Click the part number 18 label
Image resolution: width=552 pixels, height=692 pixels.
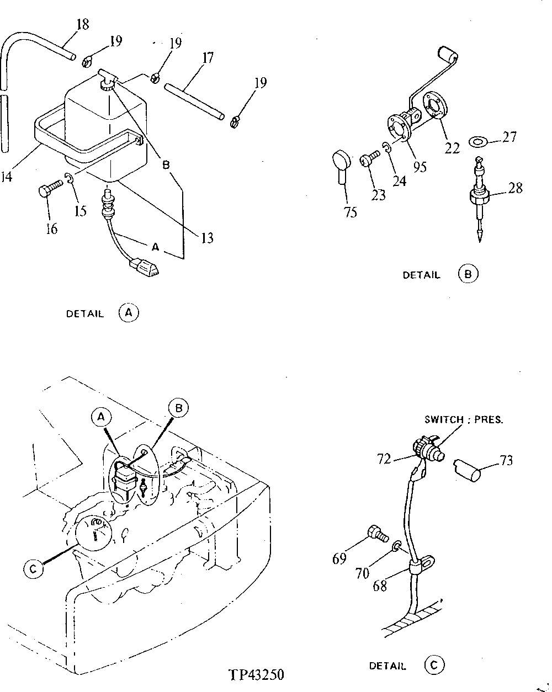(x=82, y=24)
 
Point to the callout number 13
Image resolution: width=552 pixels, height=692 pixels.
(x=206, y=238)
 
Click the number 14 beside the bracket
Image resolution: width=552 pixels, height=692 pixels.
(x=6, y=178)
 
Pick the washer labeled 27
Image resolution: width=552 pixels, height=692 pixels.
(x=477, y=142)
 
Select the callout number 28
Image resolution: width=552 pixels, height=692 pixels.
(x=515, y=188)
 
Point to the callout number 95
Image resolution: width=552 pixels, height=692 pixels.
(x=420, y=167)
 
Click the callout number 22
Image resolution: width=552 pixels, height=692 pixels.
(x=452, y=148)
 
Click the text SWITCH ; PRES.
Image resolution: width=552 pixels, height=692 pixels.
(x=464, y=419)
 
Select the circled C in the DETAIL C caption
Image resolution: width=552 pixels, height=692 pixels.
(x=434, y=666)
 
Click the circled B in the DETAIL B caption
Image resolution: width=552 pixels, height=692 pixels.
(x=468, y=274)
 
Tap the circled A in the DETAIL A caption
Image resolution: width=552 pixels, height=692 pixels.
(x=129, y=313)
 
